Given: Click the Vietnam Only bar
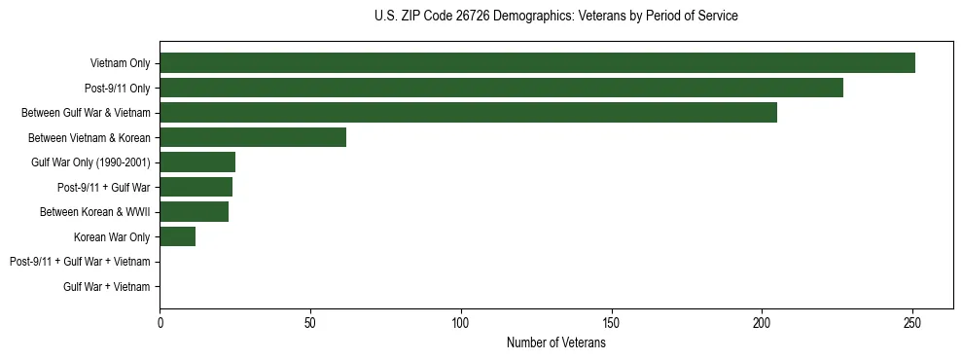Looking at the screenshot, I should click(x=537, y=63).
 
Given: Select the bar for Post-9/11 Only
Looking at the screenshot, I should click(x=501, y=88).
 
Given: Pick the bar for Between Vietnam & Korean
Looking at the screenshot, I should click(x=253, y=137).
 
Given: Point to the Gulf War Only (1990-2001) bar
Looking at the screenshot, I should click(x=197, y=162).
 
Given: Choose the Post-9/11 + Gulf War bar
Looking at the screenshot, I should click(x=196, y=187).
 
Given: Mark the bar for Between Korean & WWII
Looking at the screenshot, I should click(x=194, y=212).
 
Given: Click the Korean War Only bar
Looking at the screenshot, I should click(x=177, y=236).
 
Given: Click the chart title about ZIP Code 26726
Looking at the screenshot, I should click(x=555, y=17).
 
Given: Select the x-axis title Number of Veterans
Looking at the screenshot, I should click(x=555, y=342).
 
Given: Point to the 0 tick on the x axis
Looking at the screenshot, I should click(x=160, y=322).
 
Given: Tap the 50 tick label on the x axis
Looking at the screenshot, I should click(x=310, y=322).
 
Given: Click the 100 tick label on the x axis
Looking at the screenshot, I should click(x=461, y=322).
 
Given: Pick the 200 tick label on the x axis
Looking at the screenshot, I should click(x=762, y=322).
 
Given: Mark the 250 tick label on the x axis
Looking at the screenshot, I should click(x=912, y=322).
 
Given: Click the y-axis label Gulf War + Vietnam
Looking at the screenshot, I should click(x=106, y=286).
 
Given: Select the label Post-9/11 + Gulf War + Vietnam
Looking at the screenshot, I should click(x=80, y=262).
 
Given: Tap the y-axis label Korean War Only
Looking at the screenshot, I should click(x=112, y=236).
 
